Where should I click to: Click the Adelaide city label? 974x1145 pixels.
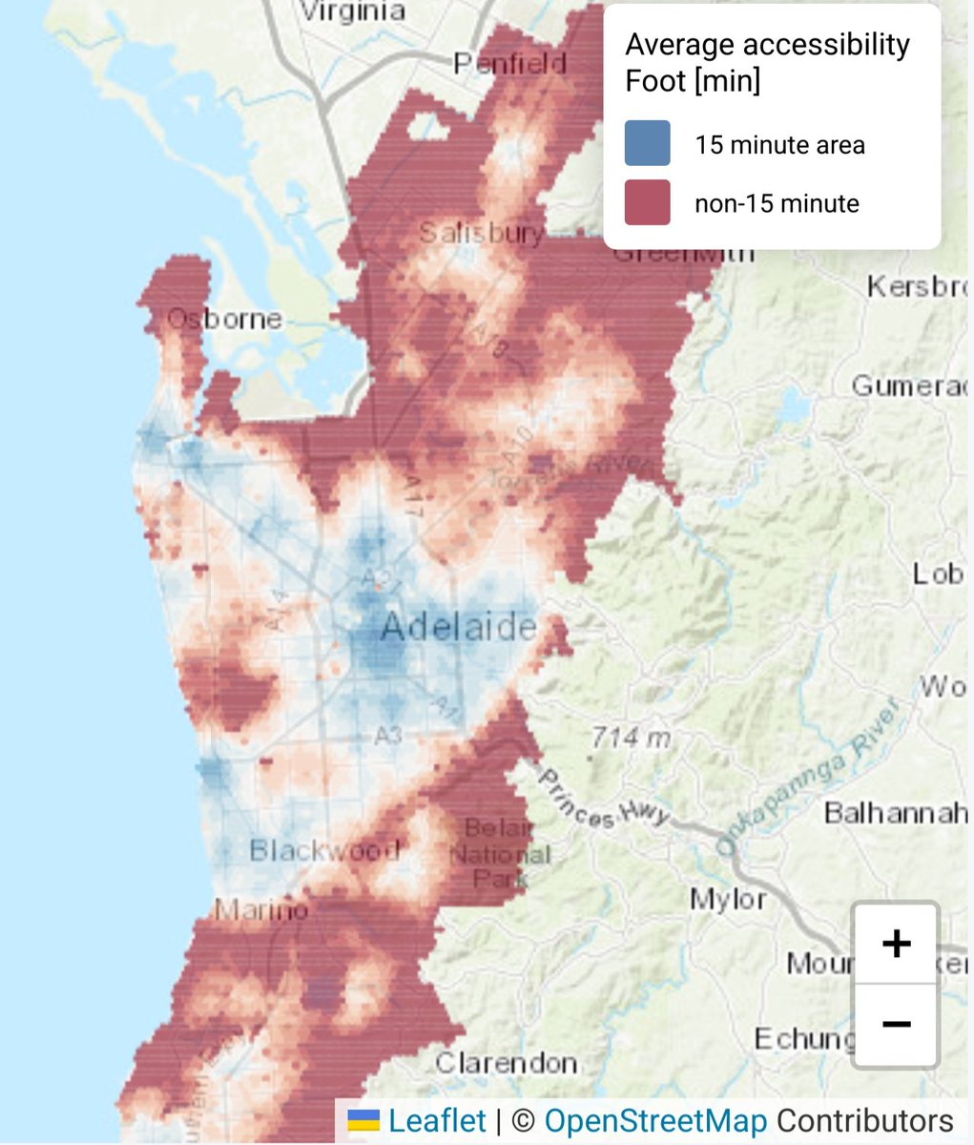click(x=458, y=628)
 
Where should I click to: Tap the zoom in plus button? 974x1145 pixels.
click(x=896, y=944)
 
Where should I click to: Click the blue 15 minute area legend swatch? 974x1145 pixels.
click(x=647, y=144)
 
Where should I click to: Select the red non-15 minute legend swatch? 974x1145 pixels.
click(x=647, y=203)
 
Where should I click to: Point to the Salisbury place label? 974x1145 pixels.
click(x=482, y=233)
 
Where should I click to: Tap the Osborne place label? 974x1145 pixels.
click(x=225, y=319)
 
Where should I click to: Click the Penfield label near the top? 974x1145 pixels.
click(x=509, y=64)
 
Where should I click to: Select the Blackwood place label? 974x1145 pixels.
click(x=324, y=849)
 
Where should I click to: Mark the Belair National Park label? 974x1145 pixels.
click(x=500, y=853)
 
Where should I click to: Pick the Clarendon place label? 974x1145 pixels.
click(x=506, y=1062)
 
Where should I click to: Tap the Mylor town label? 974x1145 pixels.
click(x=728, y=899)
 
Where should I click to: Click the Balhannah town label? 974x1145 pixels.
click(x=895, y=813)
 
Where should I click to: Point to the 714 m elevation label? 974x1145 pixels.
click(x=632, y=738)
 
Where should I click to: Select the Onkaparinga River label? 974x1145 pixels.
click(x=807, y=778)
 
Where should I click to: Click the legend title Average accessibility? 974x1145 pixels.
click(x=767, y=45)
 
